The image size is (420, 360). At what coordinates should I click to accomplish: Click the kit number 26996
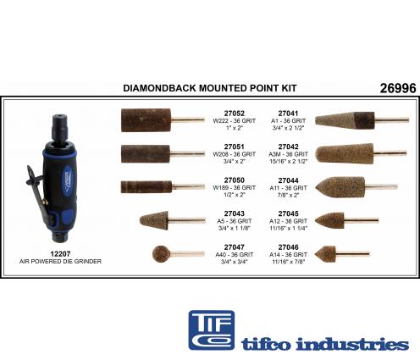click(398, 88)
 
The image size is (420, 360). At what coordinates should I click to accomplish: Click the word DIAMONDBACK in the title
click(160, 88)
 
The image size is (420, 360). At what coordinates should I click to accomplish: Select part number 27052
click(235, 114)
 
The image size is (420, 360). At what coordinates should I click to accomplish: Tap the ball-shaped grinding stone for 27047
click(162, 254)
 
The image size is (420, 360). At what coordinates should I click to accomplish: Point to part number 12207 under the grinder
click(60, 254)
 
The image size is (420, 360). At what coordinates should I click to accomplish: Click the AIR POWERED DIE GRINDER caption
click(60, 262)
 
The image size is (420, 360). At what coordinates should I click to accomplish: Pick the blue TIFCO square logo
click(212, 330)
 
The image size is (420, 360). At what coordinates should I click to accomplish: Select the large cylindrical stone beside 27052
click(146, 120)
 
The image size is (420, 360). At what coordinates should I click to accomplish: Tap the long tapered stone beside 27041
click(345, 120)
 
